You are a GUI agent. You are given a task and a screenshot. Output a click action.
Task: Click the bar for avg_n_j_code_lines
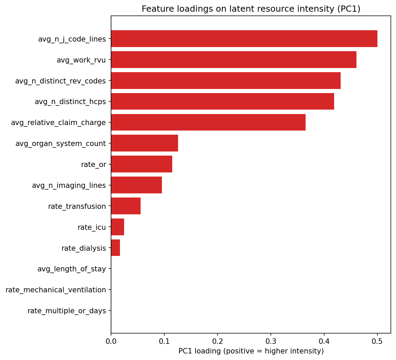[244, 39]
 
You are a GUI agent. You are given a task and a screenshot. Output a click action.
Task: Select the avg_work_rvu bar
[234, 60]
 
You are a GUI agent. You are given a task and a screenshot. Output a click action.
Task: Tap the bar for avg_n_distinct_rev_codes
[226, 81]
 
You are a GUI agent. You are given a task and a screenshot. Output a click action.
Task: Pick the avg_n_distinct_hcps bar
[222, 102]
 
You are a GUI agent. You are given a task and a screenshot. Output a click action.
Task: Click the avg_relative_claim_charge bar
[208, 123]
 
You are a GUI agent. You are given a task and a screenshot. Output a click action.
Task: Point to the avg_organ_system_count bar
[144, 143]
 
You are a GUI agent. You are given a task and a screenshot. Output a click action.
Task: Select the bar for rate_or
[142, 164]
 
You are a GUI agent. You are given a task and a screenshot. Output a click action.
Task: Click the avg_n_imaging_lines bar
[136, 185]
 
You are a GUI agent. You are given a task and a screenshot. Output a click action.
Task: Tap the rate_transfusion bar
[126, 206]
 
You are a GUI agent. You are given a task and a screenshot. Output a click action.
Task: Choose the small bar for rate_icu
[118, 227]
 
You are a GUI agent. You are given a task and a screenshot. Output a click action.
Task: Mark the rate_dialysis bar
[115, 248]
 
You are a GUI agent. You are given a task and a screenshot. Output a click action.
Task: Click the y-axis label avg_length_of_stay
[71, 269]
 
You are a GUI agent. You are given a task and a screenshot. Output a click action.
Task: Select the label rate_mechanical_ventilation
[56, 290]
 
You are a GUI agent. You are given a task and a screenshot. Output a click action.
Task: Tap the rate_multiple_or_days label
[67, 311]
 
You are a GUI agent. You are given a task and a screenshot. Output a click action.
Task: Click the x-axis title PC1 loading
[251, 351]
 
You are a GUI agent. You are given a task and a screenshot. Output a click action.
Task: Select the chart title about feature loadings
[251, 9]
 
